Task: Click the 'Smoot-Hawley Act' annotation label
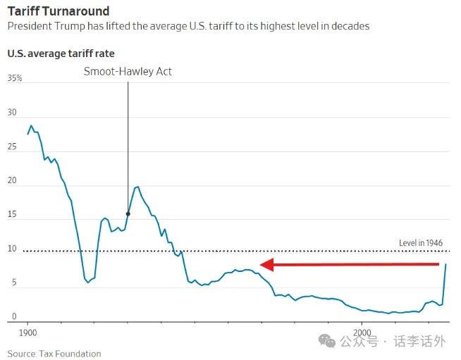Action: click(128, 71)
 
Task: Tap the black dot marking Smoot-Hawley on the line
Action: click(128, 213)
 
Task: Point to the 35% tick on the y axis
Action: click(15, 79)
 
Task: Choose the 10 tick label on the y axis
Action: click(12, 249)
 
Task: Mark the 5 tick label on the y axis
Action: click(11, 283)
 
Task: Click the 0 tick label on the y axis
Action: click(11, 317)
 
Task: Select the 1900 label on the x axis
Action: click(28, 332)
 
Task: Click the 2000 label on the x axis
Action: click(362, 332)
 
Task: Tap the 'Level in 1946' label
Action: click(421, 243)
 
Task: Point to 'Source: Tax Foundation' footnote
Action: click(54, 354)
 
